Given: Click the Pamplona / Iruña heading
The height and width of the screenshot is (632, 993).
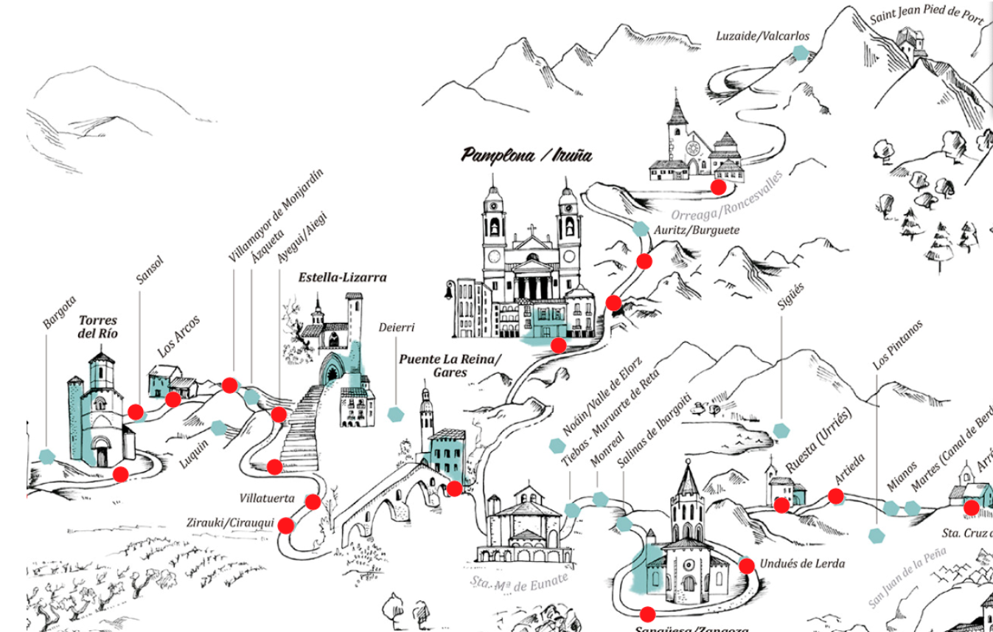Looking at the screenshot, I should point(526,156).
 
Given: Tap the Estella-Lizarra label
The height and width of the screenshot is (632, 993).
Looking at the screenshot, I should point(342,278).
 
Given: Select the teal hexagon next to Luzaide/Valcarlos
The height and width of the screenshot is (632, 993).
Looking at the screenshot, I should point(800,52).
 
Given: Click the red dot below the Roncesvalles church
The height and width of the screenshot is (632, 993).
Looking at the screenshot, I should point(718,187).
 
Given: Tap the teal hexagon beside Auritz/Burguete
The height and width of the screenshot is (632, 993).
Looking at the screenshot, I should point(641,229).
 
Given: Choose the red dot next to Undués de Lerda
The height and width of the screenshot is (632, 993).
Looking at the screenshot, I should point(746,566).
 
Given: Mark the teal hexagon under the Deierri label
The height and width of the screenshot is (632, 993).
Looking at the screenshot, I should point(396,414).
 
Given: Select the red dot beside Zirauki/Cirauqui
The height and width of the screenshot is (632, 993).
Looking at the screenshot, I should point(286,526).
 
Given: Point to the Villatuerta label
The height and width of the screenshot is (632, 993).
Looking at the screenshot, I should point(266,499).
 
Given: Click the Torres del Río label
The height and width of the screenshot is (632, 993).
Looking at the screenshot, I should point(98,327).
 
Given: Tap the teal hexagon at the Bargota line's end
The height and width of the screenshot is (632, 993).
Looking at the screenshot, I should point(47,456).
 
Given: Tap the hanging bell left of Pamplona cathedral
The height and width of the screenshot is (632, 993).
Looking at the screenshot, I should point(447,292).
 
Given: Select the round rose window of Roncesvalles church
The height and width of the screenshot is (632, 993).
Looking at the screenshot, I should point(693,148).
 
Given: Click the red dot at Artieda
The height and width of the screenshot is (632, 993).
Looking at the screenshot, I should point(835,497).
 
